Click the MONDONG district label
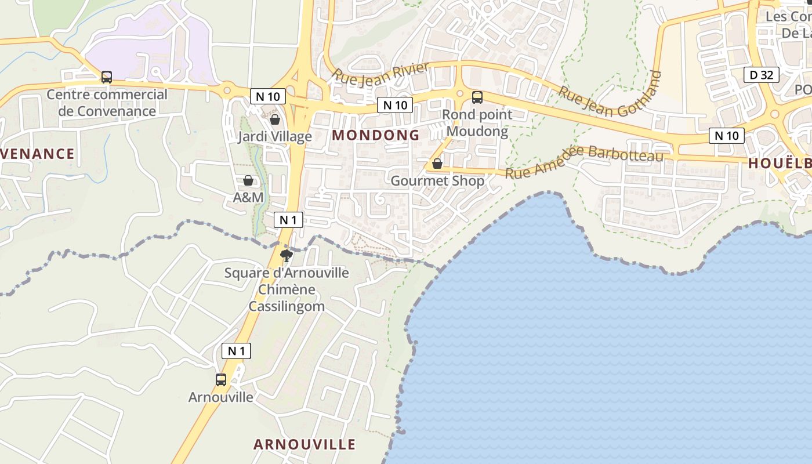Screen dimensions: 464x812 coord(376,135)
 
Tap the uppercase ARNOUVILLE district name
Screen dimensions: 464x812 coord(304,444)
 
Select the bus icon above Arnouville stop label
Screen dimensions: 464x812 coord(221,380)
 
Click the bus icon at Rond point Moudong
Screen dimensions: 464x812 coord(477,97)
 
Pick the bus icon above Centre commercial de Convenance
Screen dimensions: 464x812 coord(107,77)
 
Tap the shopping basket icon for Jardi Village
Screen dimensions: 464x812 coord(275,119)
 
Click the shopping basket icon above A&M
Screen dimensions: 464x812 coord(248,180)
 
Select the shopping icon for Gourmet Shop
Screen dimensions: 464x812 coord(437,164)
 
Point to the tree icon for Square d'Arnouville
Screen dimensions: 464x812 coord(286,255)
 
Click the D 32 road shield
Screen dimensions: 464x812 coord(762,74)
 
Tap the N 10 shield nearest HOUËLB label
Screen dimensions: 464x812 coord(726,136)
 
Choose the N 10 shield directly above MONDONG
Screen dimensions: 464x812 coord(395,105)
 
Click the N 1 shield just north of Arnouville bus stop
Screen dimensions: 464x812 coord(236,350)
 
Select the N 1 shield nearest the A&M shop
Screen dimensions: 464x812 coord(288,220)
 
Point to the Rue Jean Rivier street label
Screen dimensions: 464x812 coord(380,72)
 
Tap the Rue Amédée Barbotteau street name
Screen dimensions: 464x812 coord(584,162)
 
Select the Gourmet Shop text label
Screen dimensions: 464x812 coord(437,181)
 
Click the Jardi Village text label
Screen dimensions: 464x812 coord(275,137)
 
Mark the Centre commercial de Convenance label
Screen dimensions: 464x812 coord(107,103)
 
